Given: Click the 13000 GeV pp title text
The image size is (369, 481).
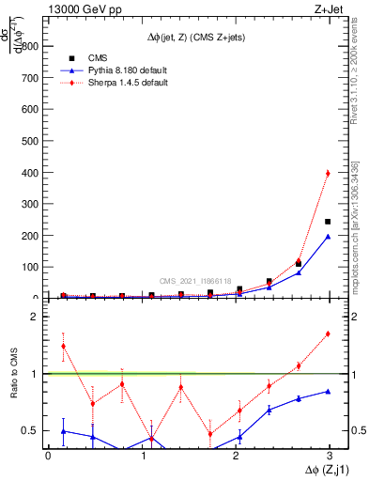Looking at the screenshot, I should pos(84,9).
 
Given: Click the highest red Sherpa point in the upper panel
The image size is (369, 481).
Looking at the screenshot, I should pos(327,173).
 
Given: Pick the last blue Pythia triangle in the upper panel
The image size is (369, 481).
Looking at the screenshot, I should pos(327,237).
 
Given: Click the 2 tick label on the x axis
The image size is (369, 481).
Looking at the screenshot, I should pos(238,456).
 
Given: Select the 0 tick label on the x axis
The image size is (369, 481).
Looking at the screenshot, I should pos(48,456).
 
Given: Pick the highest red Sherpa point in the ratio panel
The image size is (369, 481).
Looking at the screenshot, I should pos(327,334).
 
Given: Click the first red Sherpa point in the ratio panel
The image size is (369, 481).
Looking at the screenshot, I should pos(63,346).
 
